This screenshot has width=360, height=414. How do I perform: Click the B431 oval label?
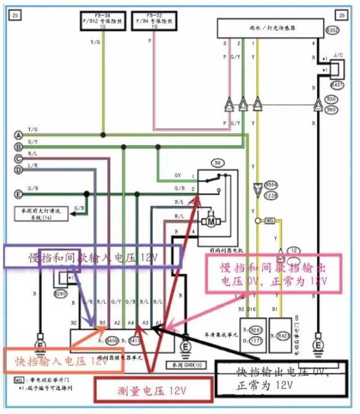coord(336,85)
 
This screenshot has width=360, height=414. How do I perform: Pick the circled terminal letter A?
coord(19,136)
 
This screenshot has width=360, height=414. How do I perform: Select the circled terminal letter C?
coord(19,159)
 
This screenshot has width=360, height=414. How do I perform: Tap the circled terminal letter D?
coord(19,169)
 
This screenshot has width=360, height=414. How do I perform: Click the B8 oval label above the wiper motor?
coord(218,164)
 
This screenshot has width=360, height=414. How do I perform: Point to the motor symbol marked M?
coord(211,221)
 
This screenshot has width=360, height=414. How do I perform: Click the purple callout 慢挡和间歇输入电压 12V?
coord(92,257)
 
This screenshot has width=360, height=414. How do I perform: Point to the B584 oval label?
coord(271,184)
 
